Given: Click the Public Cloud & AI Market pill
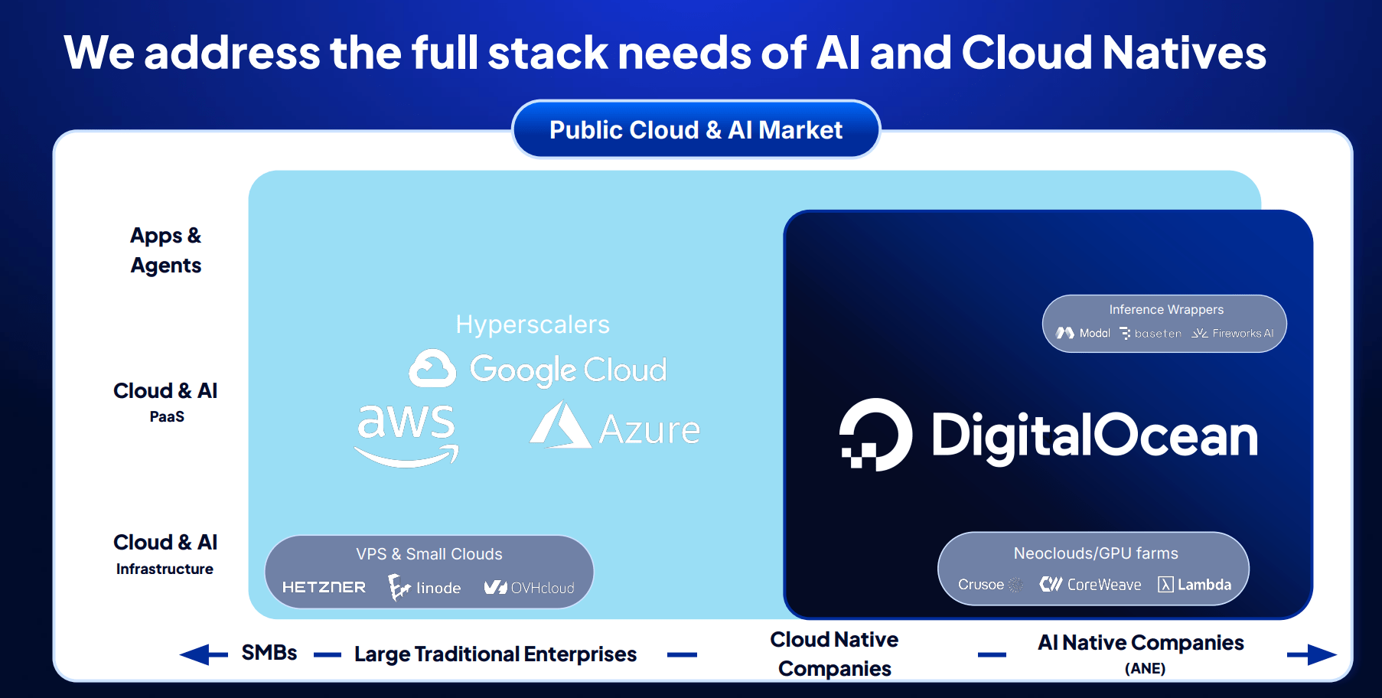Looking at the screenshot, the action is point(696,129).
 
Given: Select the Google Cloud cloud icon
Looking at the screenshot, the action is point(432,369).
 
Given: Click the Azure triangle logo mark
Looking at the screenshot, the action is point(560,425).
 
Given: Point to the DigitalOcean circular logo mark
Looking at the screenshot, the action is point(875,434).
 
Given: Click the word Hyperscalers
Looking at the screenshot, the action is point(533,325).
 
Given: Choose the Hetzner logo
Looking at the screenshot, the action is point(324,587).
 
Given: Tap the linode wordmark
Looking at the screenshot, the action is point(438,588).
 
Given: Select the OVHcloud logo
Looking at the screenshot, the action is point(529,587).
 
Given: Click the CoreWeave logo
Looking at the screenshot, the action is point(1090,584).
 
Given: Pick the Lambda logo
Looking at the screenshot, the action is point(1195,585).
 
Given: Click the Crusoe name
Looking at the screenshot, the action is point(981,585).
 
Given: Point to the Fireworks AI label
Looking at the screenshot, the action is point(1233,333).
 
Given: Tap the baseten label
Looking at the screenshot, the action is point(1150,333).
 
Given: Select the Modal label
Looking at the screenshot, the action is point(1083,333).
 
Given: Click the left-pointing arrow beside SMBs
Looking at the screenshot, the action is point(204,654).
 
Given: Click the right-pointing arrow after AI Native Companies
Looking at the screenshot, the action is point(1312,654).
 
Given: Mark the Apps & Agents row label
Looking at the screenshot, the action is point(166,250).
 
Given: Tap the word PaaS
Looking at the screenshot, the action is point(167,416).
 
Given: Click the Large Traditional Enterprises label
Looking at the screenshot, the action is point(495,654).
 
